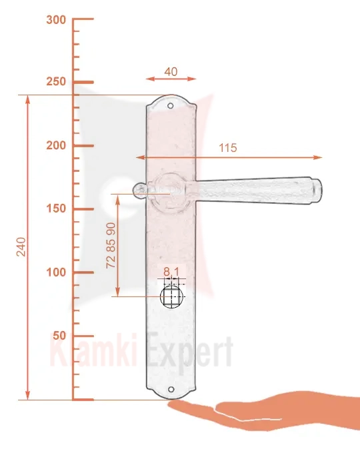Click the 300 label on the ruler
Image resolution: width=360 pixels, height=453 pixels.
point(56,20)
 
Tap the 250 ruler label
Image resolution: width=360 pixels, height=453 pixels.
point(56,82)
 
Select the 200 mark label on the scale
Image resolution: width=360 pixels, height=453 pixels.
point(56,146)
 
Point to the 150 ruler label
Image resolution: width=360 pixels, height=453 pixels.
point(56,209)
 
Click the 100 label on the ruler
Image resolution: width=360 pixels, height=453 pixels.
point(56,272)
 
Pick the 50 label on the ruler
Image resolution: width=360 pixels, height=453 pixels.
point(59,336)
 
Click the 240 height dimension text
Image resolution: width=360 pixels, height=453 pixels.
point(21,246)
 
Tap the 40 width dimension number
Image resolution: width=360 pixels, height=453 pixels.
point(171,72)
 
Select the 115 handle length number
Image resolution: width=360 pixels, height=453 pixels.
point(228,148)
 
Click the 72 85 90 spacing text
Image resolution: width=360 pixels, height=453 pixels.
point(111,245)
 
